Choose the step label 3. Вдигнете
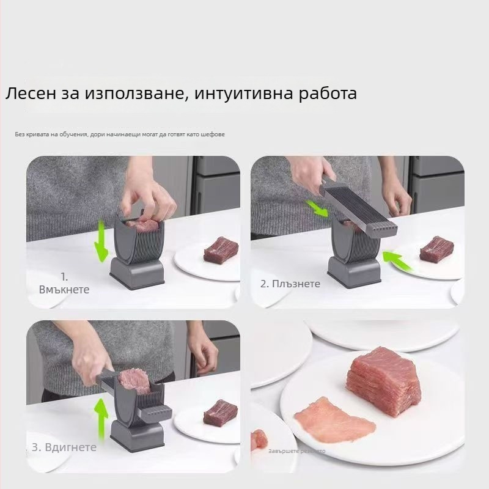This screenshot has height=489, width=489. tap(64, 447)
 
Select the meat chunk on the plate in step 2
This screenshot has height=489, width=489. tap(436, 250)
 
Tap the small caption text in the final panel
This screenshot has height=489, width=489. tap(296, 451)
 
